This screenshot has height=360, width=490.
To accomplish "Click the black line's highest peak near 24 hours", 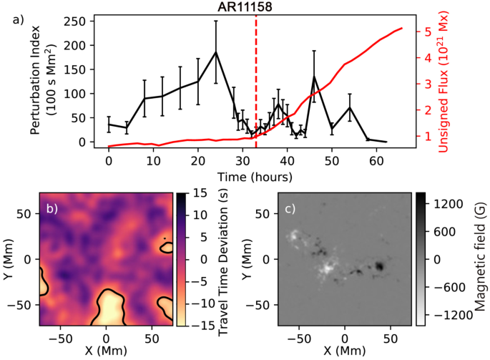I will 215,52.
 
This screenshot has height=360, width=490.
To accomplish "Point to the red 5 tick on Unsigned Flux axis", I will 426,32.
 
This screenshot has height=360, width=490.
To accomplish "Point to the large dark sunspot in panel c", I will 379,266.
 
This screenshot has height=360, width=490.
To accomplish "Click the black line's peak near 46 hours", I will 314,77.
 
